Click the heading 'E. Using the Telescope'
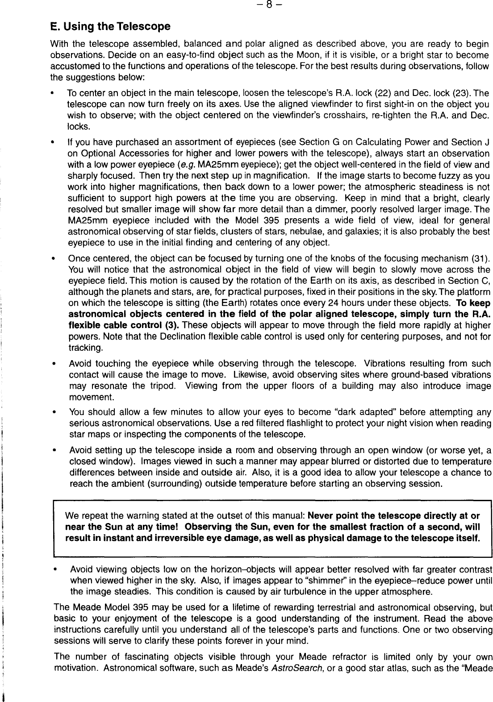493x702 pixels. (110, 26)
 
